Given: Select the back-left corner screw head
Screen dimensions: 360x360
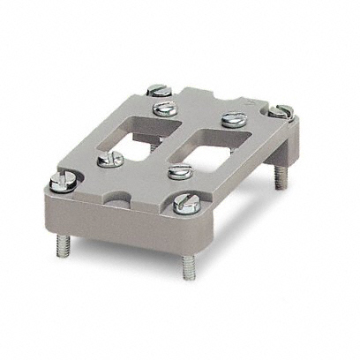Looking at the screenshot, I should (x=158, y=89).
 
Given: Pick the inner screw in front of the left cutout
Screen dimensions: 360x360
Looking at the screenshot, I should (x=110, y=159).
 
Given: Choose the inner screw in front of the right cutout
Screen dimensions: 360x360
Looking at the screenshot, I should (x=180, y=172).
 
